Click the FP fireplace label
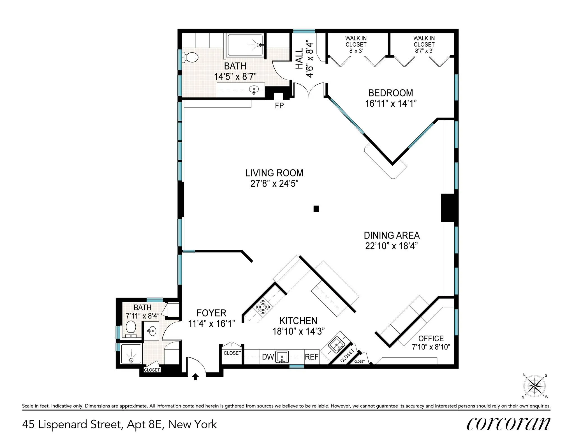pos(279,106)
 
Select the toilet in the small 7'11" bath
pos(131,328)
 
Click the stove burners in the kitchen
pos(263,307)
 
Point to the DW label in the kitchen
pos(268,357)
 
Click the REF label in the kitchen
pos(311,357)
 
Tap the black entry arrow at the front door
pos(196,377)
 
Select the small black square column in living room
pos(316,209)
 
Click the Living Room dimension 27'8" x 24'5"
pos(274,184)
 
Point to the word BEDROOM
pos(390,93)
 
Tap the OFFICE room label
pos(431,338)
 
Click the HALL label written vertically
pos(299,58)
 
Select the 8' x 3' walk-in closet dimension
pos(356,51)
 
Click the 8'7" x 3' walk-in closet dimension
pos(424,51)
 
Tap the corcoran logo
pos(508,424)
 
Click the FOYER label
pos(211,313)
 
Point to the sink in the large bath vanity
pos(254,90)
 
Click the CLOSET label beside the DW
pos(232,353)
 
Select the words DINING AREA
pos(392,235)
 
